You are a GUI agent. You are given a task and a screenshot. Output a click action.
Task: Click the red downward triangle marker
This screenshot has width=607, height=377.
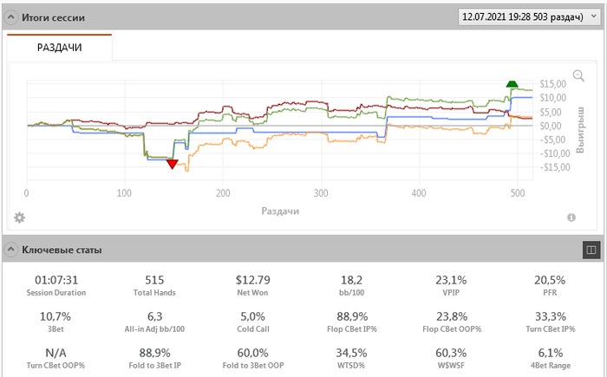click(x=172, y=164)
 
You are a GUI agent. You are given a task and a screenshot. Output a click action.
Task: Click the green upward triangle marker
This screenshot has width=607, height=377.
click(x=512, y=83)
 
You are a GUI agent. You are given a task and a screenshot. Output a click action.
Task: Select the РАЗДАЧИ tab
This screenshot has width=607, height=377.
click(x=59, y=48)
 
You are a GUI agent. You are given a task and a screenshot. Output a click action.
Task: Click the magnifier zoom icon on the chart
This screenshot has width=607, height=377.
click(x=579, y=75)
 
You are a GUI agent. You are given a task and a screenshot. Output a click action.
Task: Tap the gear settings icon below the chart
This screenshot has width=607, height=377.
click(x=19, y=217)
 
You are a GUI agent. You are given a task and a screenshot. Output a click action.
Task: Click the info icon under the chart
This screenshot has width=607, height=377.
click(x=571, y=218)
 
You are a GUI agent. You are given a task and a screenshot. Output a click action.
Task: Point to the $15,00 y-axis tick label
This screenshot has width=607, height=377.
click(x=553, y=84)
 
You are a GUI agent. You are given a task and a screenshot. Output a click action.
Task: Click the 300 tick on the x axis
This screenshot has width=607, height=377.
click(x=321, y=193)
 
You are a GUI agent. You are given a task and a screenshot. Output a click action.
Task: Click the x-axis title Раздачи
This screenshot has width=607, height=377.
click(x=282, y=211)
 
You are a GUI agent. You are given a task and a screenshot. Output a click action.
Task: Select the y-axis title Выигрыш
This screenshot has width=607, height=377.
click(x=581, y=125)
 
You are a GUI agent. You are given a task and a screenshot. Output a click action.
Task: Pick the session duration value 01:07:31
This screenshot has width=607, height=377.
click(x=56, y=280)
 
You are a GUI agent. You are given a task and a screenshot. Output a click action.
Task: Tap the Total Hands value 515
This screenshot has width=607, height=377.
click(x=155, y=280)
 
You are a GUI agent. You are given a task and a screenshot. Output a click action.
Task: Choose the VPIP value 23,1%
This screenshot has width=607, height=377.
click(x=451, y=280)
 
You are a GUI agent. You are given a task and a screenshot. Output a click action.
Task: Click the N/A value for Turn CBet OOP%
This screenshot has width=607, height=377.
click(x=56, y=353)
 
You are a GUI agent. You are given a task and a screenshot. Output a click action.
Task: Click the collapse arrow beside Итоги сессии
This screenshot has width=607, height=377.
click(x=11, y=16)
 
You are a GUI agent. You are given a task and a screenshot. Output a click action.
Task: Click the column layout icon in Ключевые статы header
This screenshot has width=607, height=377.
click(x=592, y=250)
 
